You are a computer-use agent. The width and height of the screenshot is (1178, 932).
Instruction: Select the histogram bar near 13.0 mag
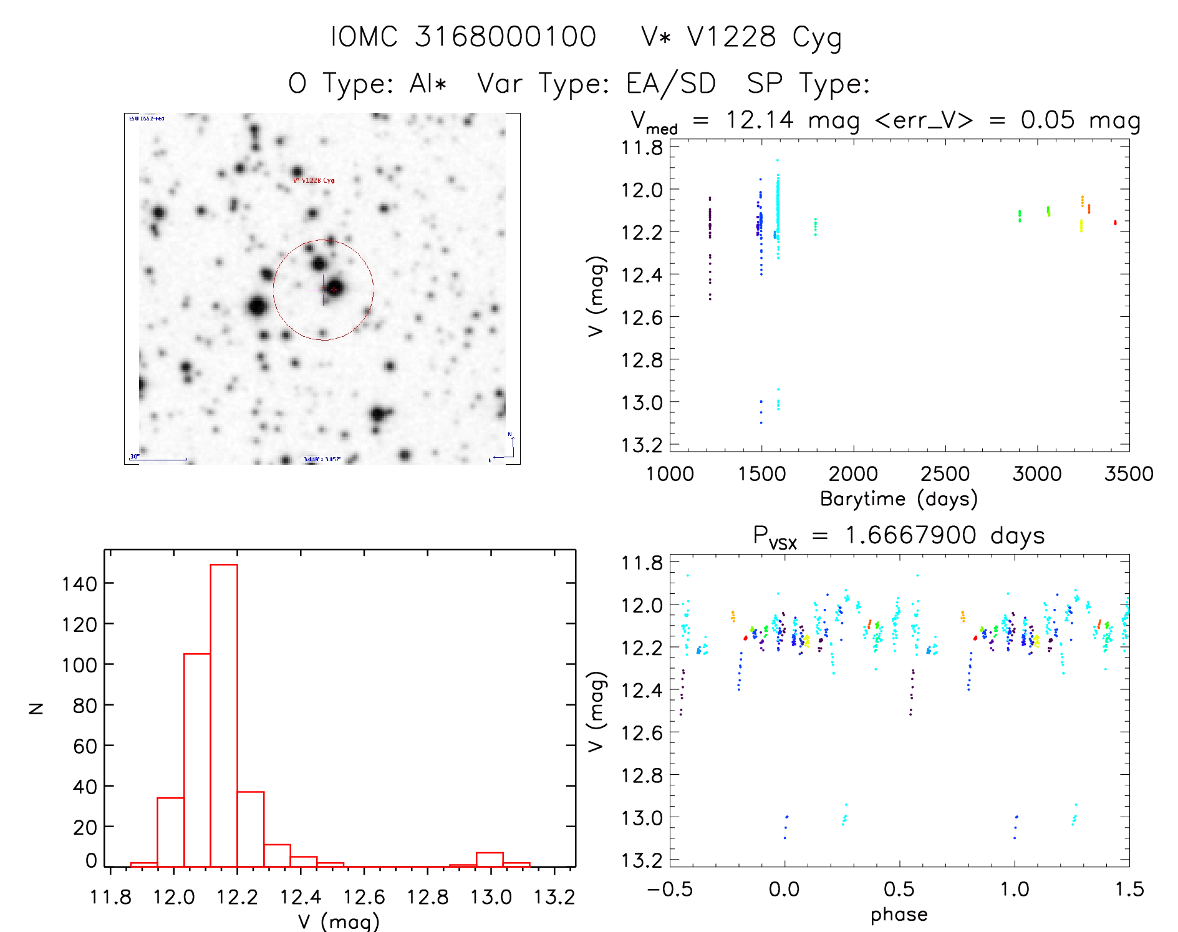pyautogui.click(x=490, y=860)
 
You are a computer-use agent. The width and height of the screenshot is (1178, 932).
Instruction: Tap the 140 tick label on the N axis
pyautogui.click(x=79, y=585)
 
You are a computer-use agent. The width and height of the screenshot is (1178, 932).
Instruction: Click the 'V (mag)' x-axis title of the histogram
pyautogui.click(x=338, y=921)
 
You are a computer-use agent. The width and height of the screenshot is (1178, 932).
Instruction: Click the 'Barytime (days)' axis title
pyautogui.click(x=899, y=499)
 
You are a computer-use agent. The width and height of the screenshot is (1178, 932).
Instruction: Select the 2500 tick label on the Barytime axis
pyautogui.click(x=945, y=473)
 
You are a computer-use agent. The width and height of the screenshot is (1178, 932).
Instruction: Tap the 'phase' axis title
pyautogui.click(x=899, y=915)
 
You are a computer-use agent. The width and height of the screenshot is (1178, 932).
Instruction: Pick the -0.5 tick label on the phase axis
pyautogui.click(x=670, y=889)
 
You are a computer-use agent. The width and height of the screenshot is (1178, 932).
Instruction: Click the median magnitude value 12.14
pyautogui.click(x=760, y=120)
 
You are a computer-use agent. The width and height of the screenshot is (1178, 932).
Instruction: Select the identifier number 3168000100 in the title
pyautogui.click(x=505, y=37)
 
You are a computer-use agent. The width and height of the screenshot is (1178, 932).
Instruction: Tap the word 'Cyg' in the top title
pyautogui.click(x=817, y=37)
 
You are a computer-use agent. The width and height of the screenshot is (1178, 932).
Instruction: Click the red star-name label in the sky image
pyautogui.click(x=314, y=180)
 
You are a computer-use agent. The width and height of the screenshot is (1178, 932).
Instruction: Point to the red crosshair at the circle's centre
pyautogui.click(x=334, y=289)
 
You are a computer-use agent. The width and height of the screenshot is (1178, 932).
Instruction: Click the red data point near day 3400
pyautogui.click(x=1115, y=223)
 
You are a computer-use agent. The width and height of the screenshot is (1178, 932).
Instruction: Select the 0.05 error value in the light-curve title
pyautogui.click(x=1048, y=120)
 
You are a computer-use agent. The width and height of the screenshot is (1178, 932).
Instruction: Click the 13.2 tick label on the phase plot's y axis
pyautogui.click(x=642, y=860)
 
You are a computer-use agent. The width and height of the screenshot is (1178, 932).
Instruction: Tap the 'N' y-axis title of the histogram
pyautogui.click(x=36, y=708)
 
